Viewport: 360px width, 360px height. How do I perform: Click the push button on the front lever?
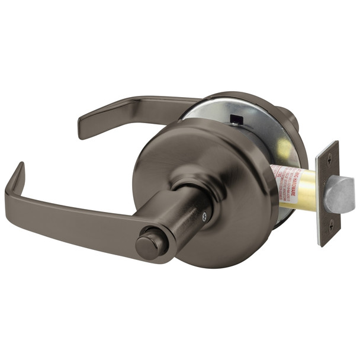[147, 245]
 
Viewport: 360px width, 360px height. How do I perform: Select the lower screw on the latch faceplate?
[330, 223]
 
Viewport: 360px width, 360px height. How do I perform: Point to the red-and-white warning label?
[285, 178]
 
